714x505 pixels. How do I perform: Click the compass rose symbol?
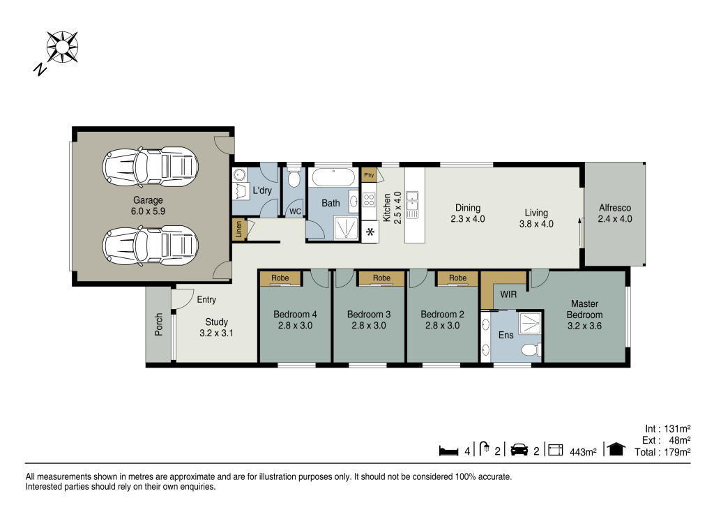tap(61, 47)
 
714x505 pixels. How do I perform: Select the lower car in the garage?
tap(146, 244)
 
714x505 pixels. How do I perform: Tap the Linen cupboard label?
tap(238, 229)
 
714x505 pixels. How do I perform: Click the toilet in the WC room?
tap(294, 179)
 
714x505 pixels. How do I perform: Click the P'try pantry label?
tap(369, 174)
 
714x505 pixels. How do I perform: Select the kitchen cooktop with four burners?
tap(369, 202)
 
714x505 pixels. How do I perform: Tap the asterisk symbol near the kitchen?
tap(369, 232)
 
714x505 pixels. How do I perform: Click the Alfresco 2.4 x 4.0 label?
tap(615, 213)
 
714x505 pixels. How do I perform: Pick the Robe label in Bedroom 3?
tap(381, 278)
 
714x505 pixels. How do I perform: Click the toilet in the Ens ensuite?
tap(531, 349)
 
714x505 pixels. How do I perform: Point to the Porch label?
tap(159, 324)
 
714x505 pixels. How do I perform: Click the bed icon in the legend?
tap(448, 451)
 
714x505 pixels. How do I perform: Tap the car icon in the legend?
tap(519, 451)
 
